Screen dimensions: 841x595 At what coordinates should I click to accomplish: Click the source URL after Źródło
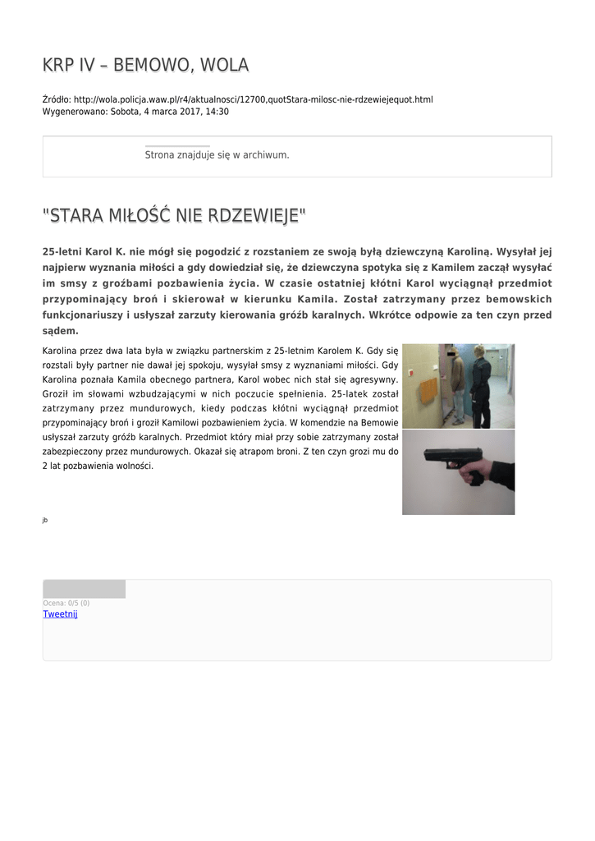[253, 99]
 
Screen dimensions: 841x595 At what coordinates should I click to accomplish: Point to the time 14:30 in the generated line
[217, 112]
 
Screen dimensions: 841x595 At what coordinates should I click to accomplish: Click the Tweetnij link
[60, 614]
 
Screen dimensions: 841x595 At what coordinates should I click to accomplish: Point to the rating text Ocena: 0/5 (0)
[66, 604]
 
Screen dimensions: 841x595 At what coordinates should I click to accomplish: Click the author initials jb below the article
[44, 520]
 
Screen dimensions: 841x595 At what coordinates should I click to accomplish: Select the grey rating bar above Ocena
[84, 589]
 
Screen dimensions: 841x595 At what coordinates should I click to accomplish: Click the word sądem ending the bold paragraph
[60, 331]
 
